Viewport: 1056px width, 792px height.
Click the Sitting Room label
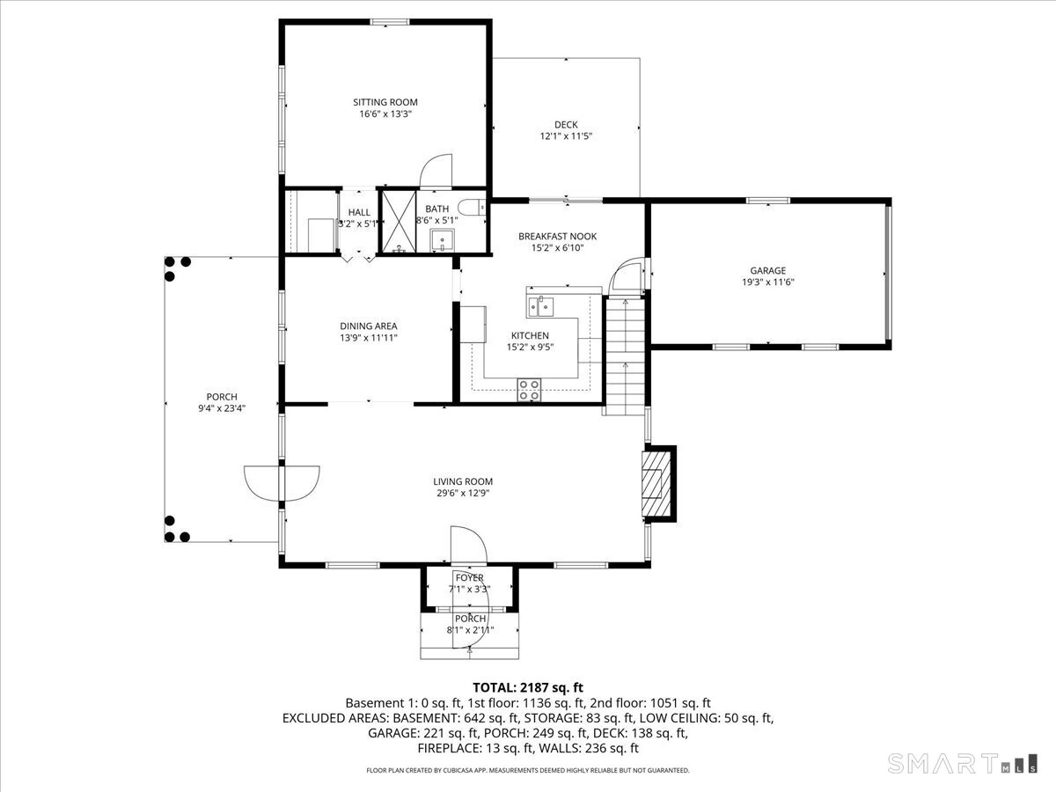(x=385, y=102)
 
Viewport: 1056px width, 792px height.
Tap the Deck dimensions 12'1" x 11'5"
(x=566, y=136)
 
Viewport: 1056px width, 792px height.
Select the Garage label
(x=768, y=271)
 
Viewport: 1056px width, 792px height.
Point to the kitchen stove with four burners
(x=529, y=390)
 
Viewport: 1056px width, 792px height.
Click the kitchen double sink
(x=540, y=306)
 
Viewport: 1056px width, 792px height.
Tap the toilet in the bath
(x=472, y=208)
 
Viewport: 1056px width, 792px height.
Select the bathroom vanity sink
(x=442, y=240)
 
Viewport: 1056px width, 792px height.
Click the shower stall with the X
(x=399, y=222)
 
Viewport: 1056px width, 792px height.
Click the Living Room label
(x=463, y=481)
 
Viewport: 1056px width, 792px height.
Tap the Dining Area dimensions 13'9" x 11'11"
(x=369, y=338)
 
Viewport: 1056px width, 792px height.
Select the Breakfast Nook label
(x=557, y=236)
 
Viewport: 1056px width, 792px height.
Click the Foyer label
(x=469, y=577)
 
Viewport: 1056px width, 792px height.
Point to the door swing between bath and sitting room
(x=436, y=170)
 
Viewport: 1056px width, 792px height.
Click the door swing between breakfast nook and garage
(x=625, y=275)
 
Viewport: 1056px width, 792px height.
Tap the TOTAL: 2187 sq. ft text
(x=528, y=687)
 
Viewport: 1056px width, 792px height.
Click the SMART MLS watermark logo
(x=962, y=763)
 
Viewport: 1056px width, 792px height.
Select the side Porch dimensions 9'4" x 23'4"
(x=222, y=408)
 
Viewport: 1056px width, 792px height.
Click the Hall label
(x=359, y=212)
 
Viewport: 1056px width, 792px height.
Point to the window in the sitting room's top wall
(x=390, y=22)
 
